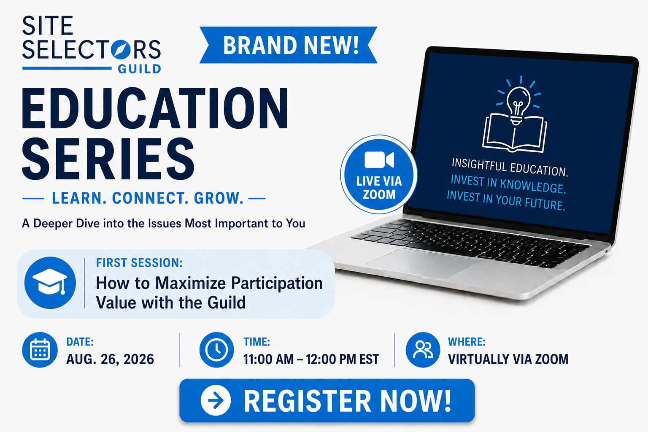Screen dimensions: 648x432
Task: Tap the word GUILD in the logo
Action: coord(140,69)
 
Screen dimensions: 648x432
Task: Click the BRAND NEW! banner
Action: coord(289,45)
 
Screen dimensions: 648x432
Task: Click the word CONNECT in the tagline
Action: coord(148,198)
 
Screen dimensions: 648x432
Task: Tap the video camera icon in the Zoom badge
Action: coord(379,159)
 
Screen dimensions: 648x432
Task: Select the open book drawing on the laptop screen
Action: coord(514,133)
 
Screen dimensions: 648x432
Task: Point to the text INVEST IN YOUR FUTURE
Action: coord(506,200)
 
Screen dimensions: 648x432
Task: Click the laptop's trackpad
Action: coord(422,263)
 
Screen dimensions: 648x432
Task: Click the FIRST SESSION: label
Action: coord(140,263)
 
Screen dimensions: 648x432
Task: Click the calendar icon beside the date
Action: coord(40,350)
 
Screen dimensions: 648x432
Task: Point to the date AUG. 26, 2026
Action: coord(110,359)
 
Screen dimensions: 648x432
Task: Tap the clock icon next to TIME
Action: coord(217,350)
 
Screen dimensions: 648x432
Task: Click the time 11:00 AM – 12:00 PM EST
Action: coord(311,359)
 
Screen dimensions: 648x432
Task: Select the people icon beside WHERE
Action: coord(423,350)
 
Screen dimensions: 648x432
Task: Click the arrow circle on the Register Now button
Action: coord(216,400)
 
